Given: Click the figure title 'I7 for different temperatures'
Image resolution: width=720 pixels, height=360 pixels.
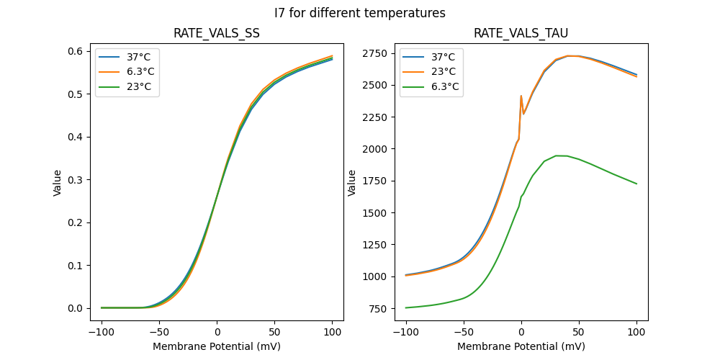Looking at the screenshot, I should pos(360,13).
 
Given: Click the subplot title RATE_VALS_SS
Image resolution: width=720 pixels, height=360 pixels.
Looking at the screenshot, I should pos(217,34).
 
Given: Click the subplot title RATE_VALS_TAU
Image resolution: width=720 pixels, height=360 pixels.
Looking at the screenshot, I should pos(521,34).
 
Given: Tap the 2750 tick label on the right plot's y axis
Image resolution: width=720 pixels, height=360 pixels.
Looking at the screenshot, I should pos(374,53).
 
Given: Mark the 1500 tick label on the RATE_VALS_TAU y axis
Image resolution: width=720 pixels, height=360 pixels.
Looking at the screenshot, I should pos(374,213).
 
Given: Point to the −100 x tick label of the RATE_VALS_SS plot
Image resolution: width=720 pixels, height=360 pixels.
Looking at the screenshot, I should pos(102,333).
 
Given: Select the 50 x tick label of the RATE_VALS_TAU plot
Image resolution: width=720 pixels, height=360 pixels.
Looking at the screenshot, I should pos(578,333).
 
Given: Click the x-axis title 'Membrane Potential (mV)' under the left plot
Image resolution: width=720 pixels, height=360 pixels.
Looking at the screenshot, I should pos(217,346).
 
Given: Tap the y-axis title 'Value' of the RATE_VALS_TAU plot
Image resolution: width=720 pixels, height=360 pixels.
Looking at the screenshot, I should pos(352,182).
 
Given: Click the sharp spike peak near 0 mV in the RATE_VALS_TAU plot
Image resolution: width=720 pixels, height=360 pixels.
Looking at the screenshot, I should pos(521,96).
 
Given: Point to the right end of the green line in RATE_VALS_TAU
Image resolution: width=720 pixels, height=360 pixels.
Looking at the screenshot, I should pos(636,184).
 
